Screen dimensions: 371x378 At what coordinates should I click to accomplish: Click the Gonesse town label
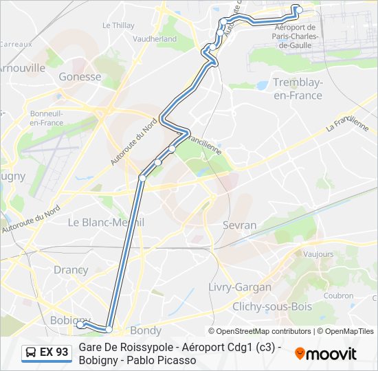(80, 77)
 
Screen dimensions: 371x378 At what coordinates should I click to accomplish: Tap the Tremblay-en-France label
(297, 89)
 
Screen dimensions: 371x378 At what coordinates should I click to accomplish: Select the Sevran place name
(239, 225)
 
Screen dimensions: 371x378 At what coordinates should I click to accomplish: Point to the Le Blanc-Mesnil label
(105, 223)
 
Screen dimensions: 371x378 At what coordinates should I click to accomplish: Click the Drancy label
(71, 270)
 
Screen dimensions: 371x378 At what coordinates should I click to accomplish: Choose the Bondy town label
(146, 330)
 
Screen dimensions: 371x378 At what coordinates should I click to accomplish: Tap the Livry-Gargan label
(239, 286)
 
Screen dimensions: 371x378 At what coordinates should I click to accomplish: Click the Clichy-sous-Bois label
(271, 306)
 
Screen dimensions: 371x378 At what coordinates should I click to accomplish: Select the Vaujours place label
(318, 254)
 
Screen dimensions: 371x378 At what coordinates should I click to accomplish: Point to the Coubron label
(338, 296)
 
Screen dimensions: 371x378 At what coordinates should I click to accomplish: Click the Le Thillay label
(118, 25)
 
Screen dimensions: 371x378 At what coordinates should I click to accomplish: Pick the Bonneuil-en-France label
(46, 117)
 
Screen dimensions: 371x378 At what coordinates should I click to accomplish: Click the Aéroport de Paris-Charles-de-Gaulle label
(293, 36)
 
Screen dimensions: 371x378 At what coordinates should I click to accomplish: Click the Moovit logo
(326, 354)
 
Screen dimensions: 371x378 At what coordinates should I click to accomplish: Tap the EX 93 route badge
(47, 352)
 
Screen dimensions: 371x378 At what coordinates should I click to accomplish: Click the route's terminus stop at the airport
(297, 9)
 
